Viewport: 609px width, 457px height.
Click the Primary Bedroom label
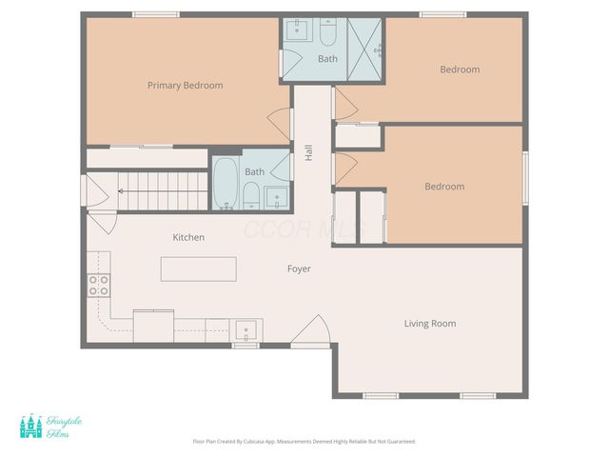[185, 86]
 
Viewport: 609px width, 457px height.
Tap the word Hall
[308, 152]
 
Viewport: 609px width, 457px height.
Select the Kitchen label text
[187, 237]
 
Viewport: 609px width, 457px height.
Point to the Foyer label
[299, 268]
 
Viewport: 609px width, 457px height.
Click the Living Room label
[429, 324]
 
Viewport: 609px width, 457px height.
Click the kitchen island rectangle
[198, 268]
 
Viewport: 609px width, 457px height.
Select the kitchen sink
[246, 330]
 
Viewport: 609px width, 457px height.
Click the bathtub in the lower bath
[226, 183]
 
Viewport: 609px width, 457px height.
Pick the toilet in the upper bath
[327, 34]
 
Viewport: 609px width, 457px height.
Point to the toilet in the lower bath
[250, 196]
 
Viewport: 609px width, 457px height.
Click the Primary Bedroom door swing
[278, 122]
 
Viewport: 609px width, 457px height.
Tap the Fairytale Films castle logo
[31, 427]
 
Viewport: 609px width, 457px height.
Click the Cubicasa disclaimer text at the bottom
[304, 442]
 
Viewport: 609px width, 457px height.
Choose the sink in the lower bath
[276, 197]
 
